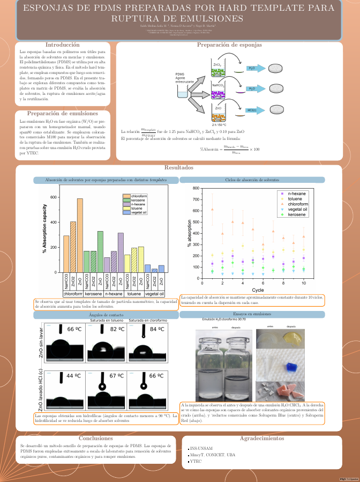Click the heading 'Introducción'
pos(63,45)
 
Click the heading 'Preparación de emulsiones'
pos(63,114)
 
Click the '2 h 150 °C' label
pos(219,124)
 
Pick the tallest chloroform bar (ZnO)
pos(80,235)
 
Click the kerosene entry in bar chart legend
pos(138,200)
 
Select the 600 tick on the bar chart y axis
pos(53,197)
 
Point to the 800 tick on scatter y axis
pos(196,189)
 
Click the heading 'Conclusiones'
pos(95,438)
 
